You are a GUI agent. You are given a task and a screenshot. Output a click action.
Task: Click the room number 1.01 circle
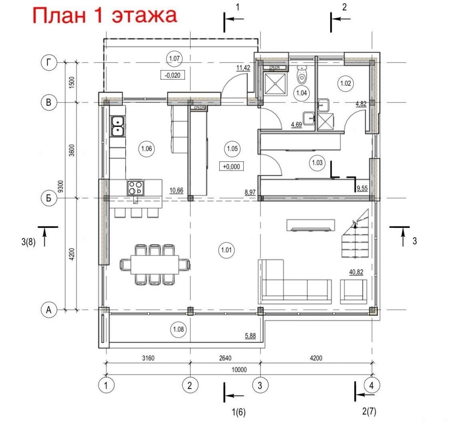pyautogui.click(x=226, y=250)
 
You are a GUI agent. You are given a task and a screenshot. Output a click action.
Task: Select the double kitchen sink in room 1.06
pyautogui.click(x=118, y=126)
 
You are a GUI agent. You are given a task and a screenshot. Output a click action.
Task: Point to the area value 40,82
pyautogui.click(x=356, y=272)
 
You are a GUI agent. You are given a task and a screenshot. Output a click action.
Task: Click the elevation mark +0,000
pyautogui.click(x=231, y=166)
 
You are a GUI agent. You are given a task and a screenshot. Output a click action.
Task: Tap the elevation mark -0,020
pyautogui.click(x=173, y=75)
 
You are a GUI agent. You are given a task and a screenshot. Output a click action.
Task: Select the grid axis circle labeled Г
pyautogui.click(x=49, y=63)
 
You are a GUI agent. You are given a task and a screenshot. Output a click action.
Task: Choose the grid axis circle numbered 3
pyautogui.click(x=260, y=386)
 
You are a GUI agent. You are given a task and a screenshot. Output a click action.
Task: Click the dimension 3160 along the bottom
pyautogui.click(x=148, y=358)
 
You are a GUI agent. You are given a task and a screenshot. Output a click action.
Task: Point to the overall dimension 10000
pyautogui.click(x=239, y=369)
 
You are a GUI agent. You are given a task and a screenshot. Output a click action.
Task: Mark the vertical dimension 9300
pyautogui.click(x=61, y=186)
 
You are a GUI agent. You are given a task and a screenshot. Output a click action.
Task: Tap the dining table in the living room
pyautogui.click(x=155, y=265)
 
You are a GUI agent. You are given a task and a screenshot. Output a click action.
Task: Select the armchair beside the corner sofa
pyautogui.click(x=353, y=292)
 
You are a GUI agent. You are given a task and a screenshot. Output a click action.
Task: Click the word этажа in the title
pyautogui.click(x=145, y=15)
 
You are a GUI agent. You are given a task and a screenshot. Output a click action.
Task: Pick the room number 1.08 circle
pyautogui.click(x=178, y=329)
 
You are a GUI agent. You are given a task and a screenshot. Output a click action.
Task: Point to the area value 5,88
pyautogui.click(x=250, y=335)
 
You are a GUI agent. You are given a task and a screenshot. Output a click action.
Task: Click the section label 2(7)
pyautogui.click(x=369, y=412)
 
